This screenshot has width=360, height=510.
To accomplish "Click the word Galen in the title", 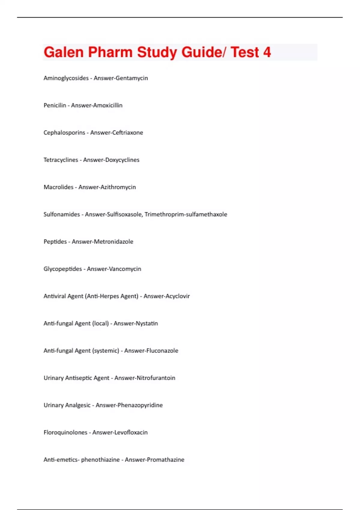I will pos(63,52).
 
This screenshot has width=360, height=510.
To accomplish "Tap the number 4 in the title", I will pos(267,52).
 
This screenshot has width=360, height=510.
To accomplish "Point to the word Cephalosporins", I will pos(64,133).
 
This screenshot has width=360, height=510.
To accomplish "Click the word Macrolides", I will pos(58,187).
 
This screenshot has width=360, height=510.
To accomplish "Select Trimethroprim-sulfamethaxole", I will pos(186,214).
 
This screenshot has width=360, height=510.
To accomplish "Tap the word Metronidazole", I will pos(113,242).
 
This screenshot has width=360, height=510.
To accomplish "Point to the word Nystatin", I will pos(147,323).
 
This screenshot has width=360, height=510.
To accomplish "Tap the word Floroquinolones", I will pos(65,433).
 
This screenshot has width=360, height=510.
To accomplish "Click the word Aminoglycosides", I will pos(66,78).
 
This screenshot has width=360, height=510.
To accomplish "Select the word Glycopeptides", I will pos(63,269).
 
